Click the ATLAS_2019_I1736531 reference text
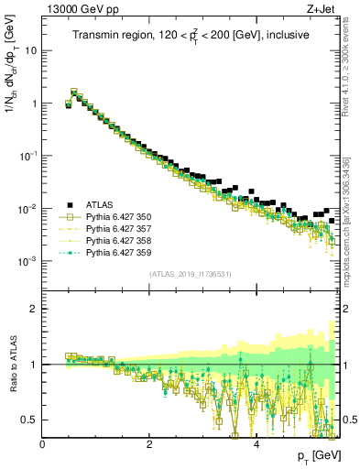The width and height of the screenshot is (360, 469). coord(191,274)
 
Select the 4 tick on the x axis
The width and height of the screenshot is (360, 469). coord(256,446)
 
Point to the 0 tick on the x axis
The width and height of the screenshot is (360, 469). coord(43,446)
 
